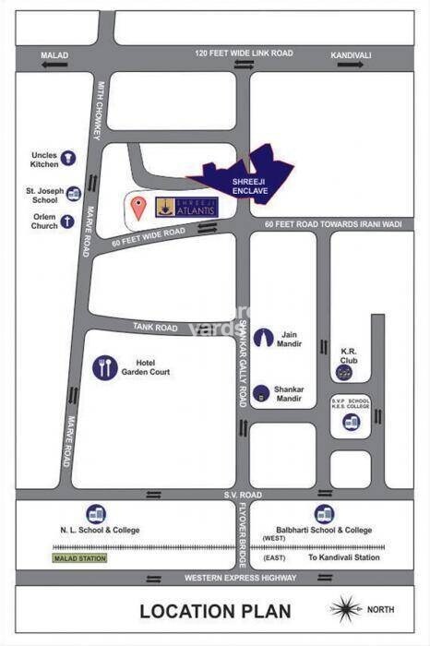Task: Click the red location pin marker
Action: (137, 207)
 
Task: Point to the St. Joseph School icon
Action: (74, 193)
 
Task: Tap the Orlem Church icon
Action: (67, 222)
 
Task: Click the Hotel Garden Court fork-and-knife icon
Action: (105, 368)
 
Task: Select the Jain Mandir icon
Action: (264, 338)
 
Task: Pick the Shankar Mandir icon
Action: (263, 393)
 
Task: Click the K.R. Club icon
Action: (344, 372)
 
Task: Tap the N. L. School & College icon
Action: (95, 514)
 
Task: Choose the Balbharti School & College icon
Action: (324, 514)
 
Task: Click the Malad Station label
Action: (79, 558)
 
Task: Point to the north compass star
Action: (347, 610)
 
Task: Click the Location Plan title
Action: (215, 611)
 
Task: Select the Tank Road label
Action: (154, 328)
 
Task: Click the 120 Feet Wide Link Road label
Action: (244, 54)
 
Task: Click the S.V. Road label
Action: (244, 495)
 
